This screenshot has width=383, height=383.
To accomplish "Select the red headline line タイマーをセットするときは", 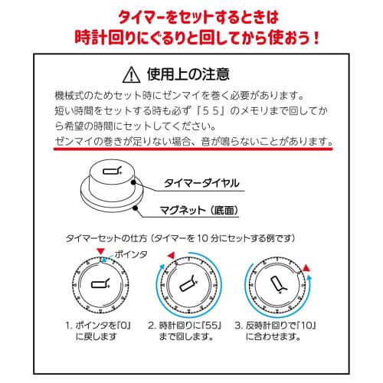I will click(191, 15).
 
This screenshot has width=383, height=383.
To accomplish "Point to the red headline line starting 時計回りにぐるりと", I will click(191, 36).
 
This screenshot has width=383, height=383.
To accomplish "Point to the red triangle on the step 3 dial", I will click(306, 267).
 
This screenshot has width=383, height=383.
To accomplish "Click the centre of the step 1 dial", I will click(99, 285).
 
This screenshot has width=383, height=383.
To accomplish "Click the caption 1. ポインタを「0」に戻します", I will click(100, 330).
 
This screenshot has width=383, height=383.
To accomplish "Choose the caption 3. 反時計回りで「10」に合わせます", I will click(277, 330).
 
